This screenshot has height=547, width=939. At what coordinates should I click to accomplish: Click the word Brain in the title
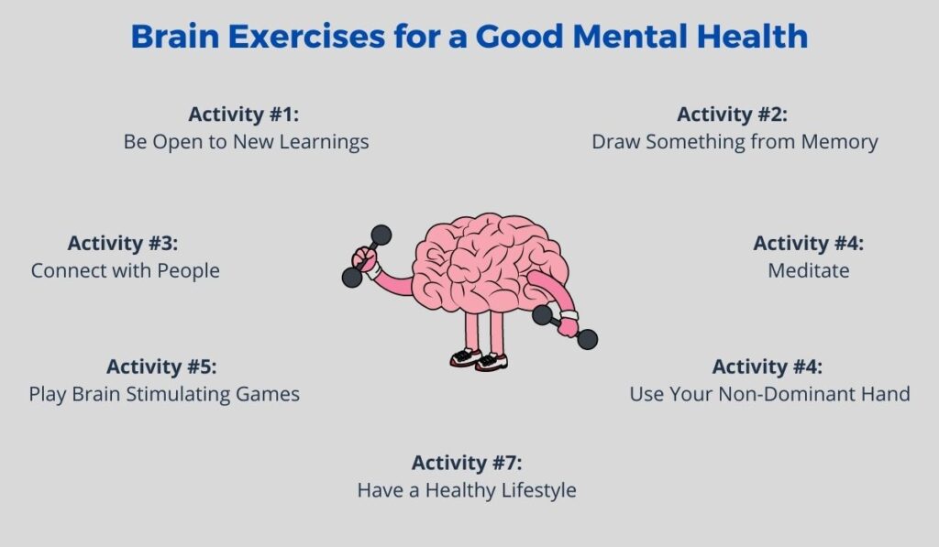pyautogui.click(x=175, y=36)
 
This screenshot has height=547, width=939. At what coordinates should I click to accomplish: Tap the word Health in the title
pyautogui.click(x=752, y=36)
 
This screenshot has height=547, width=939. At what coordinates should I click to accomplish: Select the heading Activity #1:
pyautogui.click(x=244, y=115)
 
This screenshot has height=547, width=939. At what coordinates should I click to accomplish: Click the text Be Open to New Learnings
pyautogui.click(x=246, y=142)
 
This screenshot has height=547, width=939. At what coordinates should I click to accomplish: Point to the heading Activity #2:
pyautogui.click(x=732, y=115)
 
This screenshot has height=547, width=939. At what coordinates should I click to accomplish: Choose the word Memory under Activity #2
pyautogui.click(x=840, y=142)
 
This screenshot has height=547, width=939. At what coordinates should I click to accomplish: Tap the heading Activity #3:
pyautogui.click(x=123, y=244)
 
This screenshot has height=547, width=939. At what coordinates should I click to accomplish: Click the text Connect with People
pyautogui.click(x=126, y=270)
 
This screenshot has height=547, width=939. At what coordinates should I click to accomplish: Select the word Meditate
pyautogui.click(x=809, y=270)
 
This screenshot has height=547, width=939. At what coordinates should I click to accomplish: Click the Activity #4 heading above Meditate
pyautogui.click(x=809, y=244)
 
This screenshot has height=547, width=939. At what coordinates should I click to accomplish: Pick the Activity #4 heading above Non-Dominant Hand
pyautogui.click(x=768, y=366)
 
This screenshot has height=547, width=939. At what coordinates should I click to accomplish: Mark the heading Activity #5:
pyautogui.click(x=161, y=366)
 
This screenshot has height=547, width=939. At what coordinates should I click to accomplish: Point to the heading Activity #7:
pyautogui.click(x=467, y=464)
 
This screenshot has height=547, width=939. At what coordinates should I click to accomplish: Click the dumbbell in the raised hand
pyautogui.click(x=367, y=257)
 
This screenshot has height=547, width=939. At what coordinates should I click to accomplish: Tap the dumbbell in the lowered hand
pyautogui.click(x=565, y=327)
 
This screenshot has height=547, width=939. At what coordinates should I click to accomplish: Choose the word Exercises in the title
pyautogui.click(x=306, y=36)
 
